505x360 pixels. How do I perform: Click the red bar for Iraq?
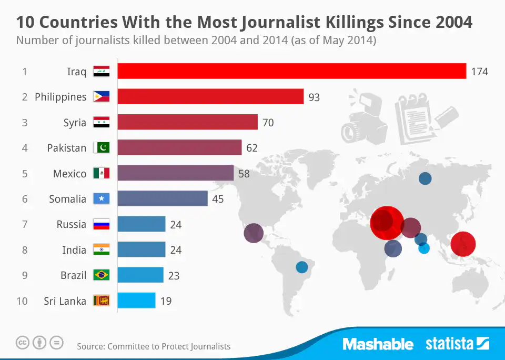point(291,71)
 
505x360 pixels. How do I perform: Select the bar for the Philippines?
point(210,97)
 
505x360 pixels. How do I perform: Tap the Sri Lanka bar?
point(136,301)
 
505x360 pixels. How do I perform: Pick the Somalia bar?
point(163,198)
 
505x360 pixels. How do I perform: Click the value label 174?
point(479,72)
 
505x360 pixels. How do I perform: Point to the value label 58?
point(244,173)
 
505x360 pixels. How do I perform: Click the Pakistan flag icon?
point(101,148)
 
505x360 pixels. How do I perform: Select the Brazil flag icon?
point(101,275)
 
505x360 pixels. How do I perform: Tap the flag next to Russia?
point(101,224)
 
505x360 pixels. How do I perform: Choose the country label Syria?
point(75,123)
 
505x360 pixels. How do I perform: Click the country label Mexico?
point(69,174)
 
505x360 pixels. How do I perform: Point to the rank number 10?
point(22,301)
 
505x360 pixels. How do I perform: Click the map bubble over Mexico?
point(254,233)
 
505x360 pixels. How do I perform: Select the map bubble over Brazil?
point(301,267)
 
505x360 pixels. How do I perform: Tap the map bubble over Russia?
point(425,178)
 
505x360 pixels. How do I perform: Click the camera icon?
point(358,120)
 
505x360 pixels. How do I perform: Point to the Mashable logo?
point(378,344)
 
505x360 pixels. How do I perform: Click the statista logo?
point(457,344)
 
